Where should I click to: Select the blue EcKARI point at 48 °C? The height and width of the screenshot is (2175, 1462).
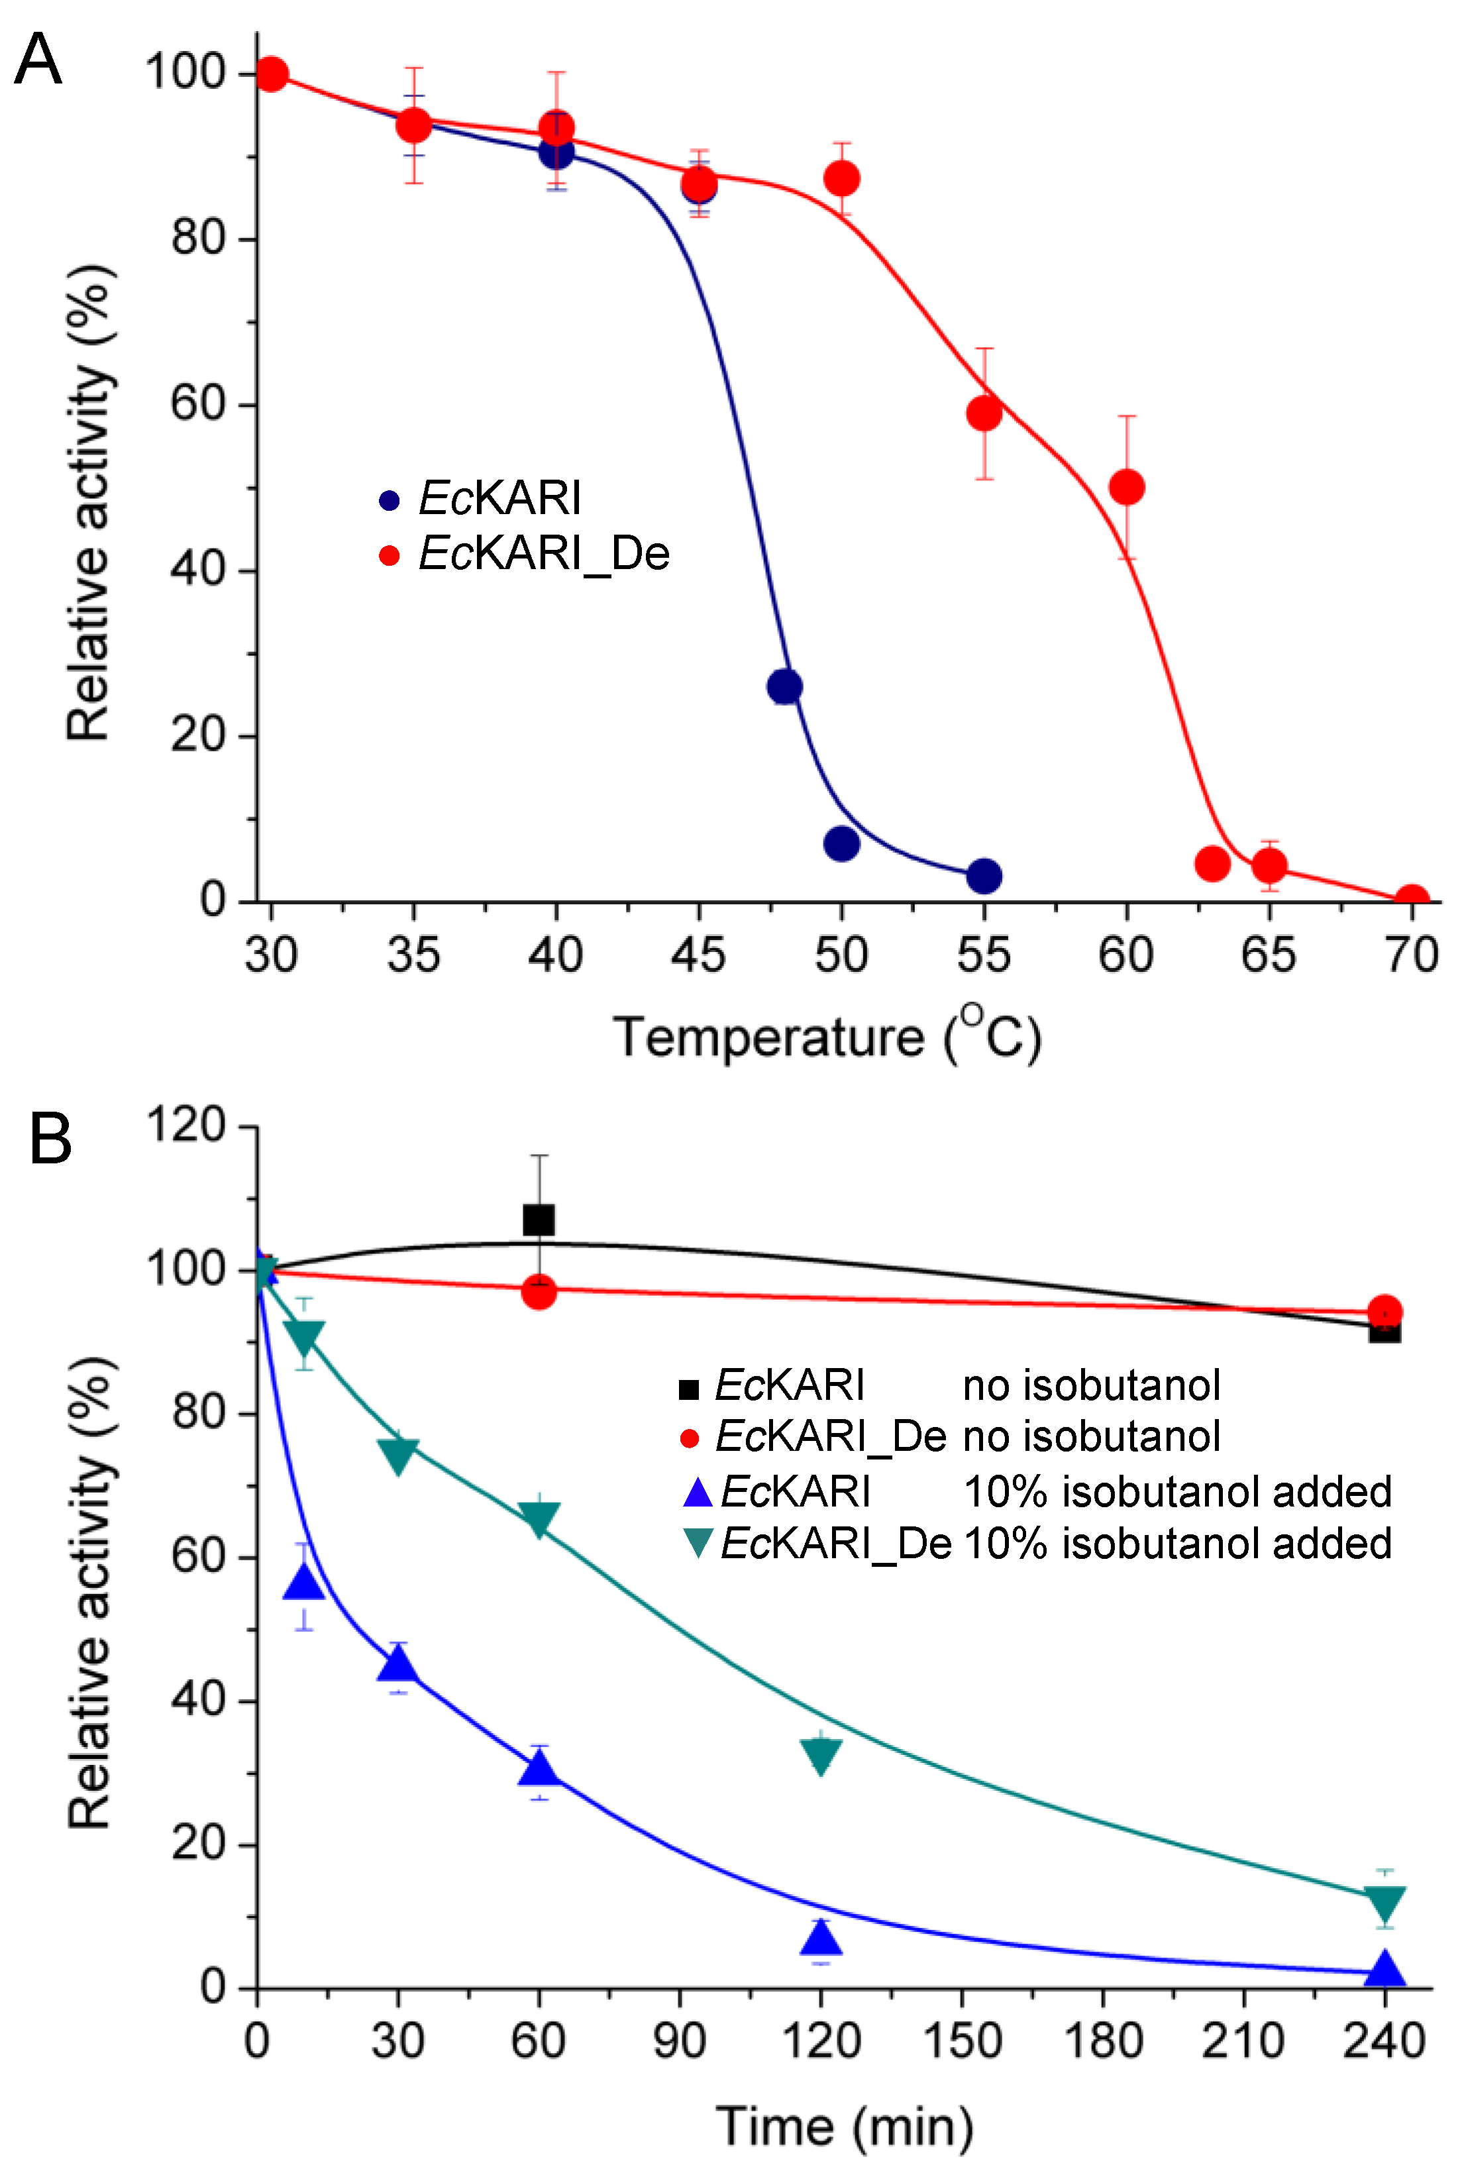coord(784,687)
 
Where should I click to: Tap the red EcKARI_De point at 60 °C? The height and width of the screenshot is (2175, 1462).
coord(1126,487)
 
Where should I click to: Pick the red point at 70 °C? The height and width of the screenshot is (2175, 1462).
coord(1412,900)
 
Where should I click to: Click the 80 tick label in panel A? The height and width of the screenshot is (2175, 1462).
coord(199,238)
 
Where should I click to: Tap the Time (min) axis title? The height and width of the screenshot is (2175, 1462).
coord(845,2127)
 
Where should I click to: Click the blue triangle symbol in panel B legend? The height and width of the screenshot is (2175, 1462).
coord(698,1492)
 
